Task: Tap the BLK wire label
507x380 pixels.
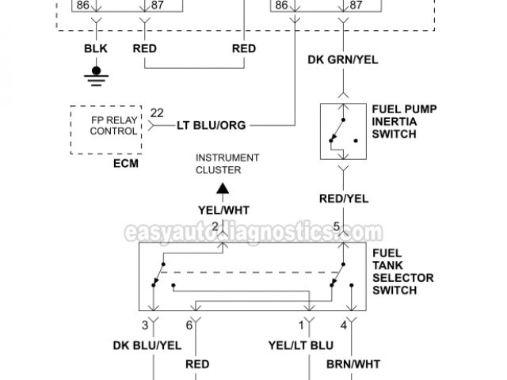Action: (x=97, y=49)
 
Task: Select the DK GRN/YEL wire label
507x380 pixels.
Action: (x=343, y=60)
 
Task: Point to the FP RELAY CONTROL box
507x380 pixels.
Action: (x=107, y=130)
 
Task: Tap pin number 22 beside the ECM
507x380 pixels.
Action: (x=157, y=113)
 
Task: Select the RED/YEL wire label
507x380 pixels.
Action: (x=343, y=199)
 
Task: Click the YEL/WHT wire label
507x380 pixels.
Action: (x=225, y=209)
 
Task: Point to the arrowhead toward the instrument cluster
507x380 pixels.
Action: (x=224, y=188)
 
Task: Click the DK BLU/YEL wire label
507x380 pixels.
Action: (x=146, y=345)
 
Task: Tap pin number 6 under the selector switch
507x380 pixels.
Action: (x=189, y=325)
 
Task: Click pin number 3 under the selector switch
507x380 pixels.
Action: (x=145, y=325)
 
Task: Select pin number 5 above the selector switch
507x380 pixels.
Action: (x=336, y=226)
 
